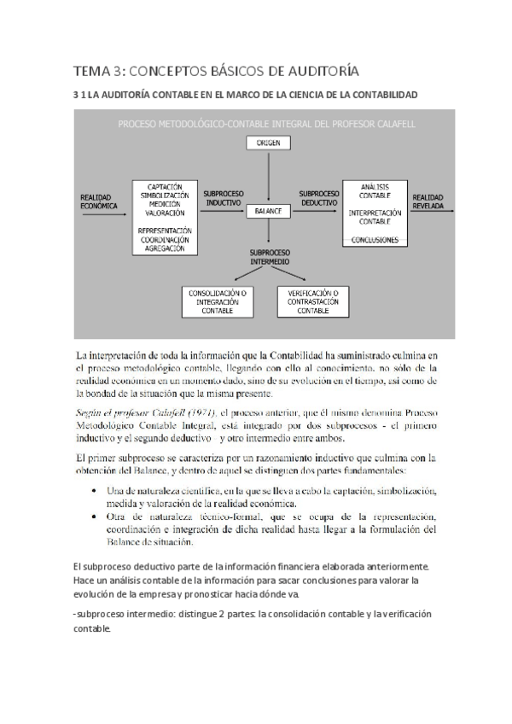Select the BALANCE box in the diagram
tap(269, 210)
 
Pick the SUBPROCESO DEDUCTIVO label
tap(320, 198)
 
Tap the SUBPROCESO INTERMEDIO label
tap(269, 257)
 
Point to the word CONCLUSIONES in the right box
tap(375, 241)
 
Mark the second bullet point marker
tap(92, 517)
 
